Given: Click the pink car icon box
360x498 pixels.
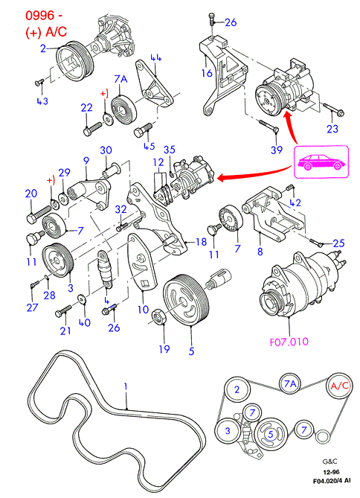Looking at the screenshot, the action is coord(321,162).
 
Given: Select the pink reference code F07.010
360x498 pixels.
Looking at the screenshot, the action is coord(289,342).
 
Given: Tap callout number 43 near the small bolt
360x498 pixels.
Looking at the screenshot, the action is coord(42,101).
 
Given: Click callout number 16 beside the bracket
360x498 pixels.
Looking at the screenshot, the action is coord(207,73).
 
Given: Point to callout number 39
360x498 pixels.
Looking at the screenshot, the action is coord(277,150).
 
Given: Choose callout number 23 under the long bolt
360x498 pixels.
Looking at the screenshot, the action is coord(332,129).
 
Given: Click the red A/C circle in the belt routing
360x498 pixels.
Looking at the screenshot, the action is coord(340,386).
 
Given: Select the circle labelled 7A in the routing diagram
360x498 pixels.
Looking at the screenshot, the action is coord(290,383).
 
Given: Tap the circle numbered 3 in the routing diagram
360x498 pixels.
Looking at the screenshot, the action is coord(228,431).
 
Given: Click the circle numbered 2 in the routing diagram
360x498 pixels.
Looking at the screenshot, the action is coord(237,389).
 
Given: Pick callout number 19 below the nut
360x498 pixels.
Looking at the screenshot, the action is coord(164,349).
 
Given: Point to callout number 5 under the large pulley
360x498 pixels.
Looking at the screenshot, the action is coord(191,351).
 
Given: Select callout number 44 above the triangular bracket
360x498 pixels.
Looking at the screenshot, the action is coord(156,58).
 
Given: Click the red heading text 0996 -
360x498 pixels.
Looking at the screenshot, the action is coord(44,15).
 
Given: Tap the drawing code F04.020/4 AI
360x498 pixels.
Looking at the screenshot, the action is coord(332,481).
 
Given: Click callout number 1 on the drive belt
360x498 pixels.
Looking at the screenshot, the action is coord(126,386).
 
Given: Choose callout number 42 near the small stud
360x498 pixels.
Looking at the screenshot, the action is coord(295,202).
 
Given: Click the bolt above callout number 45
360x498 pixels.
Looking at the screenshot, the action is coord(144,130).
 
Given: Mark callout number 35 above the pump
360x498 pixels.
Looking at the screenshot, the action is coord(170,150).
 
